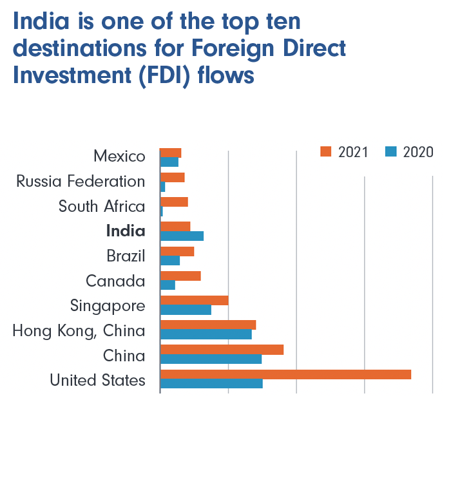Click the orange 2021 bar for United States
[285, 375]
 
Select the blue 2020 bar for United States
[211, 384]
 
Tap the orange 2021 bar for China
[222, 350]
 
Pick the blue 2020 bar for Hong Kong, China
[206, 335]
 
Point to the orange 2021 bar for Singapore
[194, 300]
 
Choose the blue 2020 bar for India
[182, 236]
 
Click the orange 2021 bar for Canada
[180, 276]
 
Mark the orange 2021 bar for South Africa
[174, 202]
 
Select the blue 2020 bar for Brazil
[170, 260]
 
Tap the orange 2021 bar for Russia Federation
[172, 177]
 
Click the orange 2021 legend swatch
[325, 152]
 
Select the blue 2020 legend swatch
[390, 152]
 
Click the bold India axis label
[126, 231]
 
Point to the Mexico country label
[119, 156]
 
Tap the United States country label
[97, 380]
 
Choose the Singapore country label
[108, 305]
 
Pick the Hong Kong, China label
[79, 331]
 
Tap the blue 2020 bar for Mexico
[169, 162]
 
